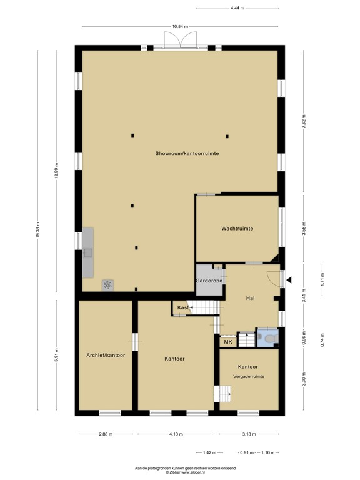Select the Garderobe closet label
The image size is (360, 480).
209,281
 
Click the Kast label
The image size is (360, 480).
182,308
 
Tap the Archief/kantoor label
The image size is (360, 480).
105,355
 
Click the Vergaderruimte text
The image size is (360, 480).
248,377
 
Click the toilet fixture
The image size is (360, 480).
269,337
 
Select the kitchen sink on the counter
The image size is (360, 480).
89,252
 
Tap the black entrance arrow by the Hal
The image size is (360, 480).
288,281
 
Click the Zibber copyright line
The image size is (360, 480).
180,472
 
